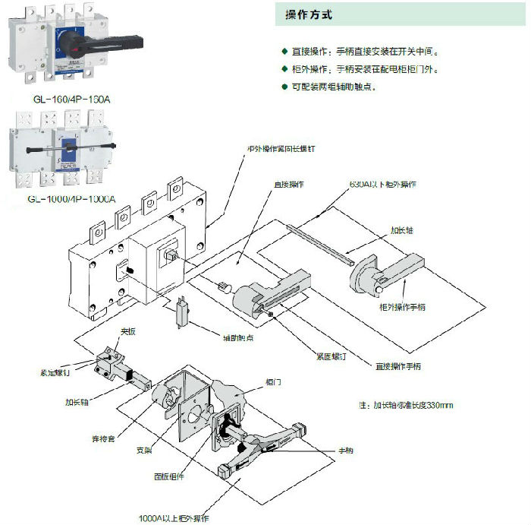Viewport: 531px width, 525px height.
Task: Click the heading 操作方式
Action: tap(309, 15)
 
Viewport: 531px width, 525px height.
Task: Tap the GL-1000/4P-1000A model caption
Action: tap(71, 199)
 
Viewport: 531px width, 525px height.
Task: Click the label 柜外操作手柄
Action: tap(402, 307)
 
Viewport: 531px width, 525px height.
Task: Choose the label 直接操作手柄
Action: tap(397, 366)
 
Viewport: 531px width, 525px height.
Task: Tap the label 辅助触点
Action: tap(237, 337)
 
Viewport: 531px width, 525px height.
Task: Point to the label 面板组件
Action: tap(168, 476)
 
